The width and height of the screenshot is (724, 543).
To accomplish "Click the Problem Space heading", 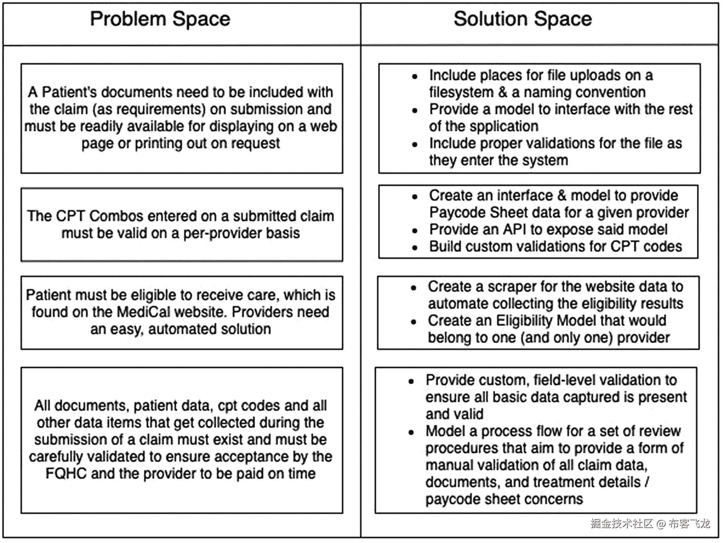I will click(x=160, y=19).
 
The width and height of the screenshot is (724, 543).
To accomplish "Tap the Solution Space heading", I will click(x=523, y=19).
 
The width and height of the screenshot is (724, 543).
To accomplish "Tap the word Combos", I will click(x=116, y=216).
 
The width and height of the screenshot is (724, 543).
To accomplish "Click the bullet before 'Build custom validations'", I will click(x=415, y=248).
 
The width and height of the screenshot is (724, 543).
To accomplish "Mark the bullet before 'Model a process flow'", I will click(x=411, y=432).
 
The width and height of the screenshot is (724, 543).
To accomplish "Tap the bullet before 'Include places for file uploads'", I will click(x=415, y=76).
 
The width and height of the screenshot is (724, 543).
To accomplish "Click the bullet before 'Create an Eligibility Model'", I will click(x=413, y=322).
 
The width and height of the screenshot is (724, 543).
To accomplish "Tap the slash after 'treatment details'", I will click(x=647, y=482).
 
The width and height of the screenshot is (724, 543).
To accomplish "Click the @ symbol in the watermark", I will click(x=661, y=524).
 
